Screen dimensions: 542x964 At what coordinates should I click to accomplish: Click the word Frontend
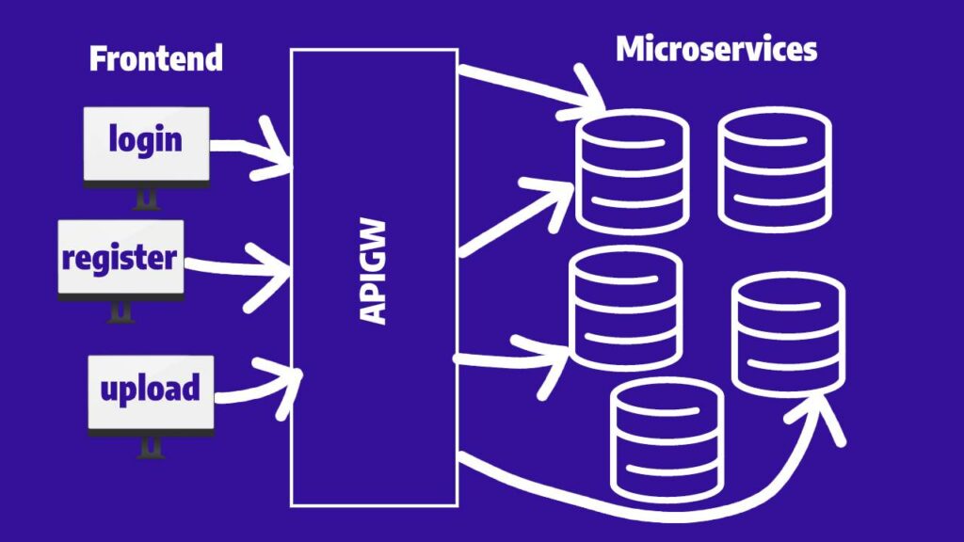tap(155, 58)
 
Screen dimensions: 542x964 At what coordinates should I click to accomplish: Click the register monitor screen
tap(120, 257)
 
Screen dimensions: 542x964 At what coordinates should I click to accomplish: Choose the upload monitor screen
tap(151, 390)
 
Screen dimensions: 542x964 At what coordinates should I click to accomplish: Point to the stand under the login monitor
tap(147, 199)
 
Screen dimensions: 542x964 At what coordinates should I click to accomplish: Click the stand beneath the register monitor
tap(120, 311)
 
